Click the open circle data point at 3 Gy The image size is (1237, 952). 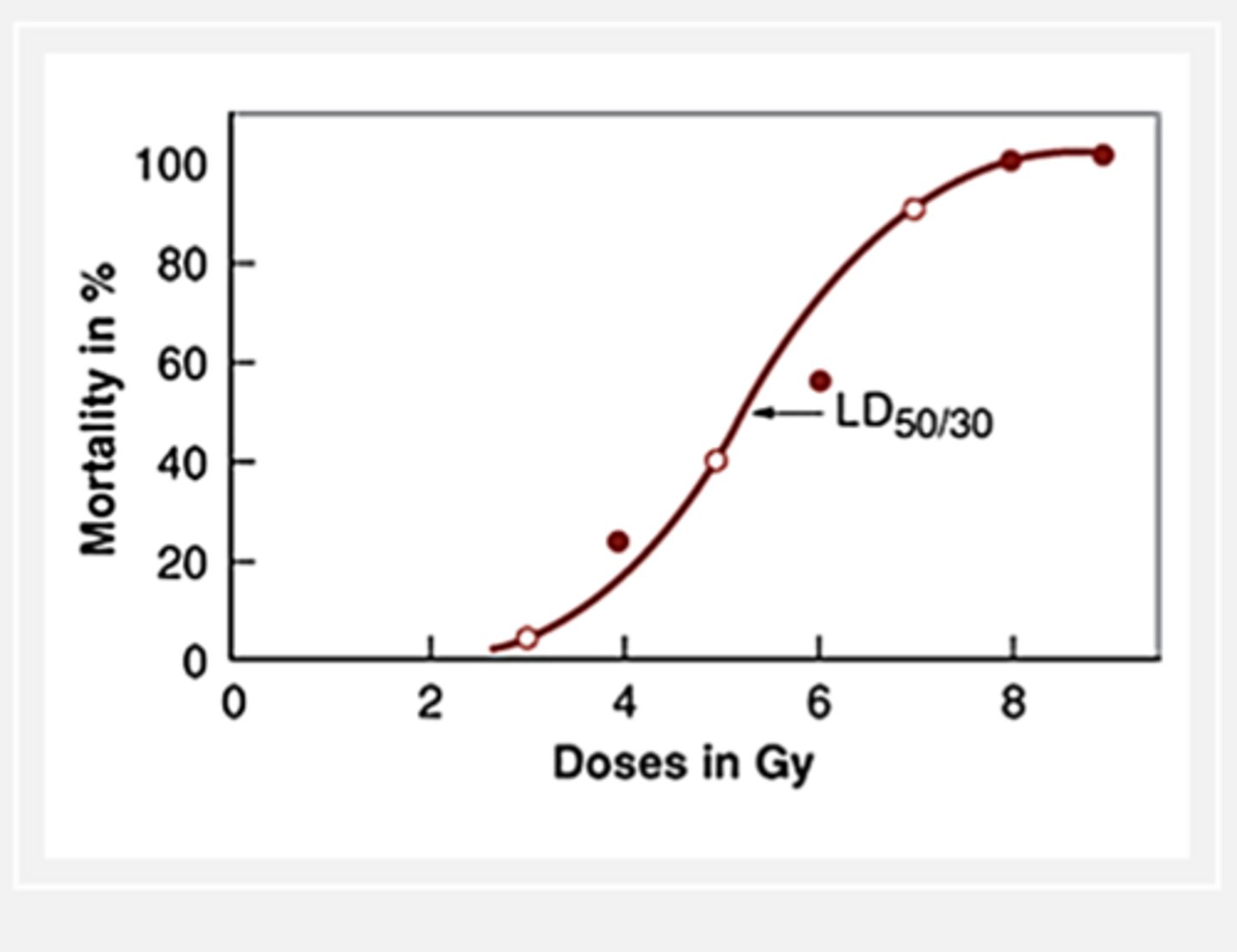(x=527, y=638)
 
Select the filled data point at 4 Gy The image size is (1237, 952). (x=618, y=541)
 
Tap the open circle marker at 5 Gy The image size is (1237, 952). (x=716, y=461)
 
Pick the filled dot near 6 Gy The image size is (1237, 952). (x=820, y=381)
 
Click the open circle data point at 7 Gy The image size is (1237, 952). (x=914, y=209)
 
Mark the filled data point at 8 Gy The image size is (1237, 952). (x=1011, y=161)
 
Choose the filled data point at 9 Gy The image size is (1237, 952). (x=1104, y=156)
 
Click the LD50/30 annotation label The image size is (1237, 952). (x=914, y=417)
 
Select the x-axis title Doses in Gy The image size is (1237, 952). (x=683, y=763)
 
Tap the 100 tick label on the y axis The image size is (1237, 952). (x=172, y=164)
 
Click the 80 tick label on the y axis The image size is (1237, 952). (x=182, y=264)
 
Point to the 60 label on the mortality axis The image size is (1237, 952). (x=182, y=363)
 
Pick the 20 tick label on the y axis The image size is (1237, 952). (x=182, y=563)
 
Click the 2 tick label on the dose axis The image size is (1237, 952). (x=430, y=703)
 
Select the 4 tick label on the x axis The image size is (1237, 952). (x=625, y=703)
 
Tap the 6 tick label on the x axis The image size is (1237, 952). (x=819, y=703)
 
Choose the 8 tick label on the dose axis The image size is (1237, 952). (x=1014, y=703)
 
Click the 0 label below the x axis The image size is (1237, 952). (x=234, y=703)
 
